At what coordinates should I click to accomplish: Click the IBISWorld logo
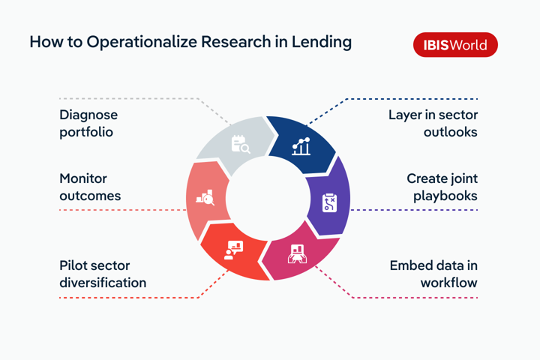[x=455, y=45]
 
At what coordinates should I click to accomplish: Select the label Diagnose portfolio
[x=88, y=124]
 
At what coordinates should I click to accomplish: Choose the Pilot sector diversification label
[x=103, y=274]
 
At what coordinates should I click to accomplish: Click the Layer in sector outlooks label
[x=433, y=124]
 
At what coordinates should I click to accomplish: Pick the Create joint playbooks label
[x=442, y=187]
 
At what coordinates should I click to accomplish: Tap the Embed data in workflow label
[x=433, y=274]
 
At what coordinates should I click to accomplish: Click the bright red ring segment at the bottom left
[x=234, y=250]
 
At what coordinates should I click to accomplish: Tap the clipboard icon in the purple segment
[x=329, y=202]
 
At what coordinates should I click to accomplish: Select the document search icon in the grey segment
[x=239, y=143]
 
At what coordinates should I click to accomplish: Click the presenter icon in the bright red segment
[x=234, y=250]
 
